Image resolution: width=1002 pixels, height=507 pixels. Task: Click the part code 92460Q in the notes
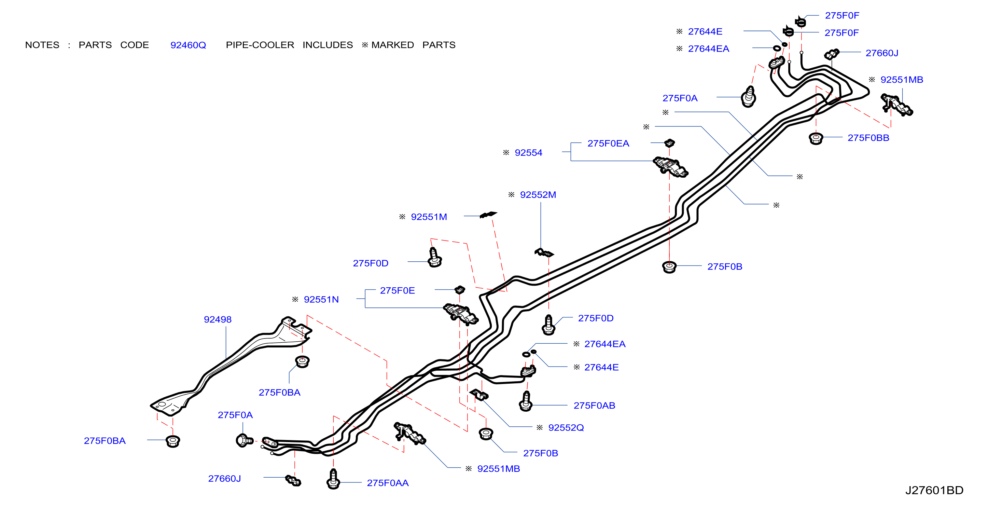188,45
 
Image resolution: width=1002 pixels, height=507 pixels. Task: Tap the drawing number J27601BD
934,490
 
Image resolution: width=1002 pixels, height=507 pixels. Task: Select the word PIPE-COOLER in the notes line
260,45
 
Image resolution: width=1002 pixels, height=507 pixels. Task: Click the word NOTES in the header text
42,45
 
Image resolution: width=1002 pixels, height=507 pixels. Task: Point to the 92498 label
218,319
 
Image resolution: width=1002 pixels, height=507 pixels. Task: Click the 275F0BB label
868,138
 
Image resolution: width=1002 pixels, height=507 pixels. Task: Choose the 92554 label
528,152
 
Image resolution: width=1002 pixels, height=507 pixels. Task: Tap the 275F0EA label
608,143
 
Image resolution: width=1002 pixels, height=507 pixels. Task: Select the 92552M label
538,194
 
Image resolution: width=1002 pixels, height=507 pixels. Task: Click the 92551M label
429,217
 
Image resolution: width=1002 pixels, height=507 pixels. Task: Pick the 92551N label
321,299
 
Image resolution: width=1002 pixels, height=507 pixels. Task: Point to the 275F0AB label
594,406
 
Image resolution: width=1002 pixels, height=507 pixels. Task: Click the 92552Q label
566,428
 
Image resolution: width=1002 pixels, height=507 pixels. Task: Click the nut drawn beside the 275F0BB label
816,138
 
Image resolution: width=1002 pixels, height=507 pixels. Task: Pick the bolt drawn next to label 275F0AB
526,401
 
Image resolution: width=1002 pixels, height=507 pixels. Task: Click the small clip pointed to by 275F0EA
669,143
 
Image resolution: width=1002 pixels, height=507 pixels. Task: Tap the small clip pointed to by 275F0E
460,289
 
